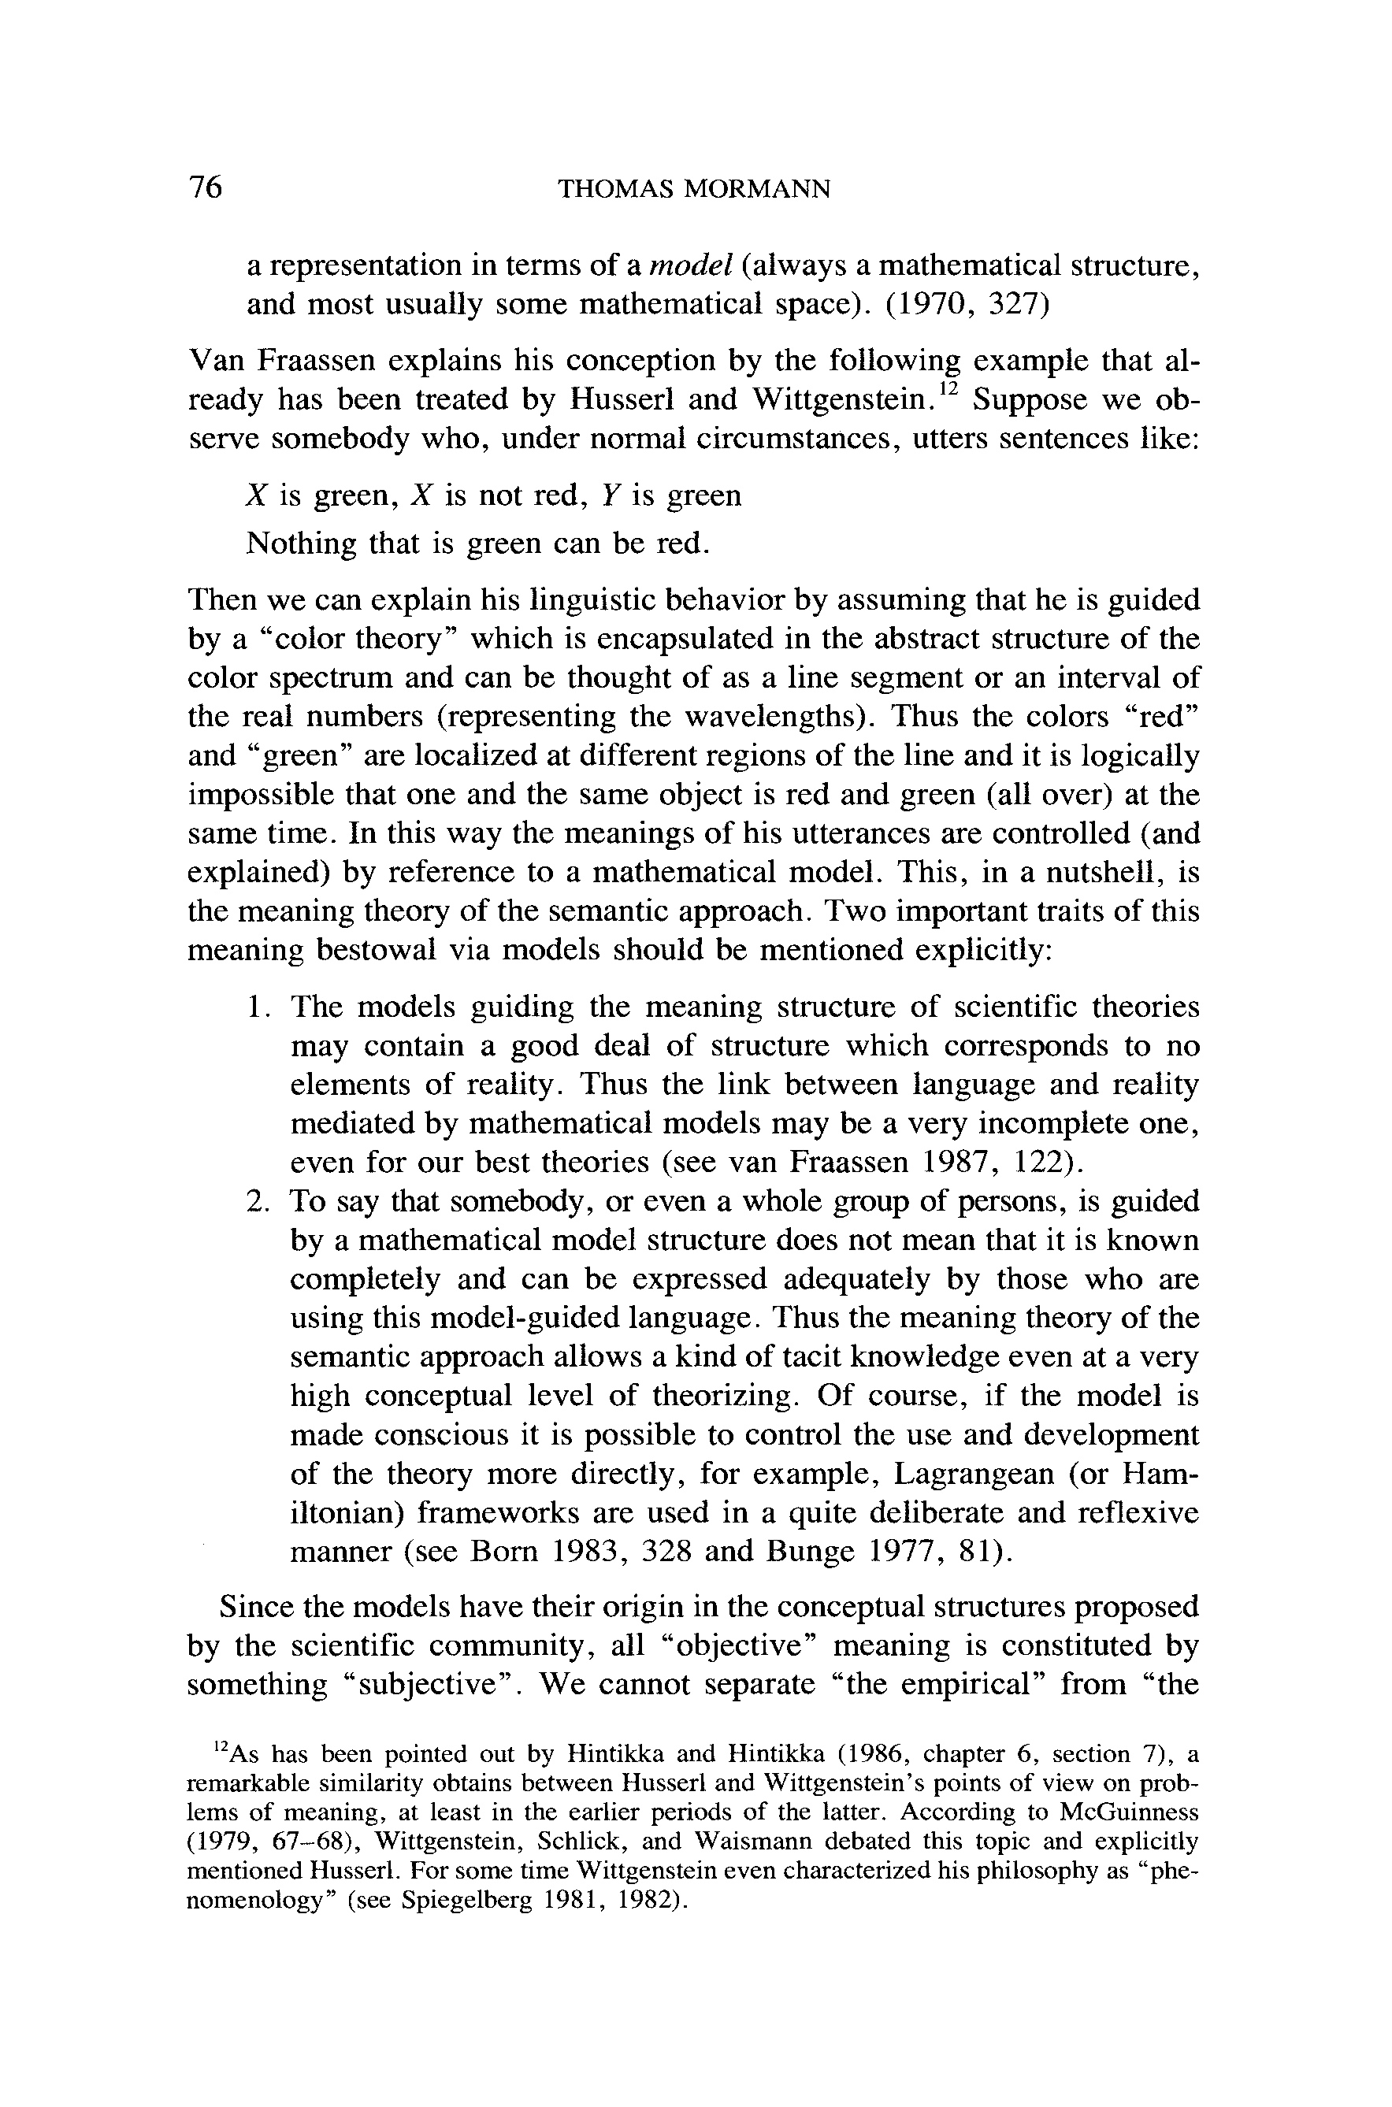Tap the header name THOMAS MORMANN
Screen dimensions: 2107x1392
point(693,189)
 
